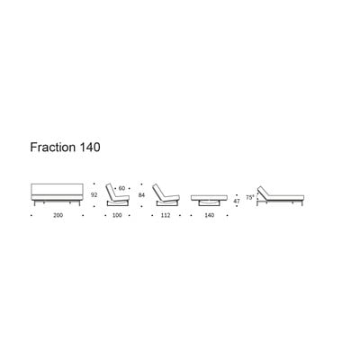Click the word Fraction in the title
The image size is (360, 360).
(53, 148)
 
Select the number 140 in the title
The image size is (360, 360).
(90, 148)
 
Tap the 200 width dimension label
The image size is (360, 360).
(58, 215)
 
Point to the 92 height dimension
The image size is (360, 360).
(94, 194)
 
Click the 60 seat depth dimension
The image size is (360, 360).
(121, 188)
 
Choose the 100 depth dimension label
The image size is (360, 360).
(117, 215)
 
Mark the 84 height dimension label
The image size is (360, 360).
(141, 195)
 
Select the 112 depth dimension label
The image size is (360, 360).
(166, 215)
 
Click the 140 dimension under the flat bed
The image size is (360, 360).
(210, 215)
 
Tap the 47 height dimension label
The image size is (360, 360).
(237, 202)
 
